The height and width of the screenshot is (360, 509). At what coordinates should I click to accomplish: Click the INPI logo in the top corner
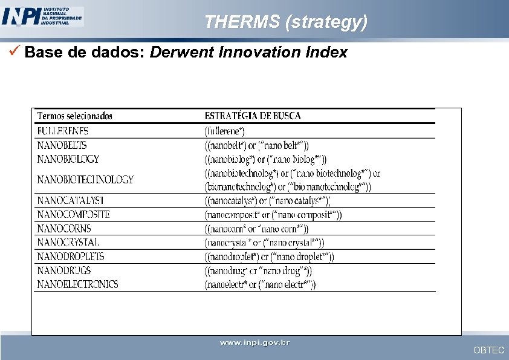point(42,16)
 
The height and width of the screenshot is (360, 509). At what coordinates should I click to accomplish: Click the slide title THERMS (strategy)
point(285,22)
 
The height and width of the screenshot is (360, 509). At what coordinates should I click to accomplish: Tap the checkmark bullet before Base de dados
point(16,52)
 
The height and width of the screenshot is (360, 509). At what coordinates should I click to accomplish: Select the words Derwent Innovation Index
point(248,53)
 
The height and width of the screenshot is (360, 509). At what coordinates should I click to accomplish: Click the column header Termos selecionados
point(75,116)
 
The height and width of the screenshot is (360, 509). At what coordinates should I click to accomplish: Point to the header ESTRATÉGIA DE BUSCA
point(253,116)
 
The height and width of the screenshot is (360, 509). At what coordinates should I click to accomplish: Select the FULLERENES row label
point(63,131)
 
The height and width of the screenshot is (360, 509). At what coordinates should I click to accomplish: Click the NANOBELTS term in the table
point(62,145)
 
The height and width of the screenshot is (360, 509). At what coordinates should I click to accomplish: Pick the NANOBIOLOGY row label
point(68,159)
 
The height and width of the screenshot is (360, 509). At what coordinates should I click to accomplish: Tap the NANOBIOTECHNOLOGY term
point(85,180)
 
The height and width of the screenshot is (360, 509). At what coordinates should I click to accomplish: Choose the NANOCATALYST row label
point(71,200)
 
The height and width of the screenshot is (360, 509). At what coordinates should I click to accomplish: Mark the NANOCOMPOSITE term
point(74,214)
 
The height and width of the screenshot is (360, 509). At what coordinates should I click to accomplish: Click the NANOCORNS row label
point(64,229)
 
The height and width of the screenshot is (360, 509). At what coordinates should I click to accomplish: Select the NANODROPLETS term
point(71,257)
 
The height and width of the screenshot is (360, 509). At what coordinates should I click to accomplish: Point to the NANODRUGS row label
point(64,270)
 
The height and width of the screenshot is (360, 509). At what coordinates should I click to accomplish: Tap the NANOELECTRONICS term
point(78,284)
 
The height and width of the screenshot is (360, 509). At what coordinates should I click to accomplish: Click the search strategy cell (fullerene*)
point(225,131)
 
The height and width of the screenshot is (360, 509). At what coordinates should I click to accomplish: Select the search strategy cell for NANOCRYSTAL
point(265,243)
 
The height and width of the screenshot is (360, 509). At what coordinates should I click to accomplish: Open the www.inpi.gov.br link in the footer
point(254,342)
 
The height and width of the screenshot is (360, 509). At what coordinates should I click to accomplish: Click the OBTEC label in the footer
point(488,350)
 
